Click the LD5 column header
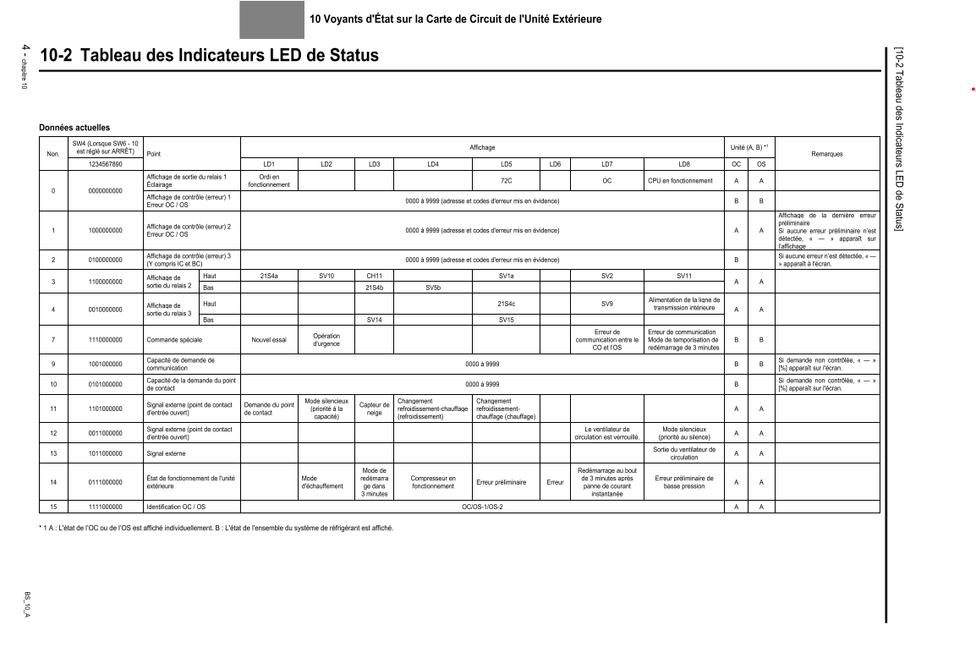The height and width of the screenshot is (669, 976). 507,163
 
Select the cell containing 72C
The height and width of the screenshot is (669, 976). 507,180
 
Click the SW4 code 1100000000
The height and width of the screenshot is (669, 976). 106,281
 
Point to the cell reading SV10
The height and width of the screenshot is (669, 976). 326,275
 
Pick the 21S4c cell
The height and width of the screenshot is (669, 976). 507,303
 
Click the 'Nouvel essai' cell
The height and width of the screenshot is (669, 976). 269,341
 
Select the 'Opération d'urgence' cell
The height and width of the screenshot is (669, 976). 326,341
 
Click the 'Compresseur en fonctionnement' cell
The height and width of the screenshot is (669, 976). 432,482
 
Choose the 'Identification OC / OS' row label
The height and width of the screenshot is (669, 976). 176,507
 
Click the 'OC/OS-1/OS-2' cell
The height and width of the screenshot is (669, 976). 482,507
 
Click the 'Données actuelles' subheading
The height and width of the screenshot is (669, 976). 74,127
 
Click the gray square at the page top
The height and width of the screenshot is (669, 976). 271,19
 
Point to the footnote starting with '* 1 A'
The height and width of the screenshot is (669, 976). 217,529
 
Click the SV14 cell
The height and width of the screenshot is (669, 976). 374,320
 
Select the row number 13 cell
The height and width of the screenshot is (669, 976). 52,452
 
